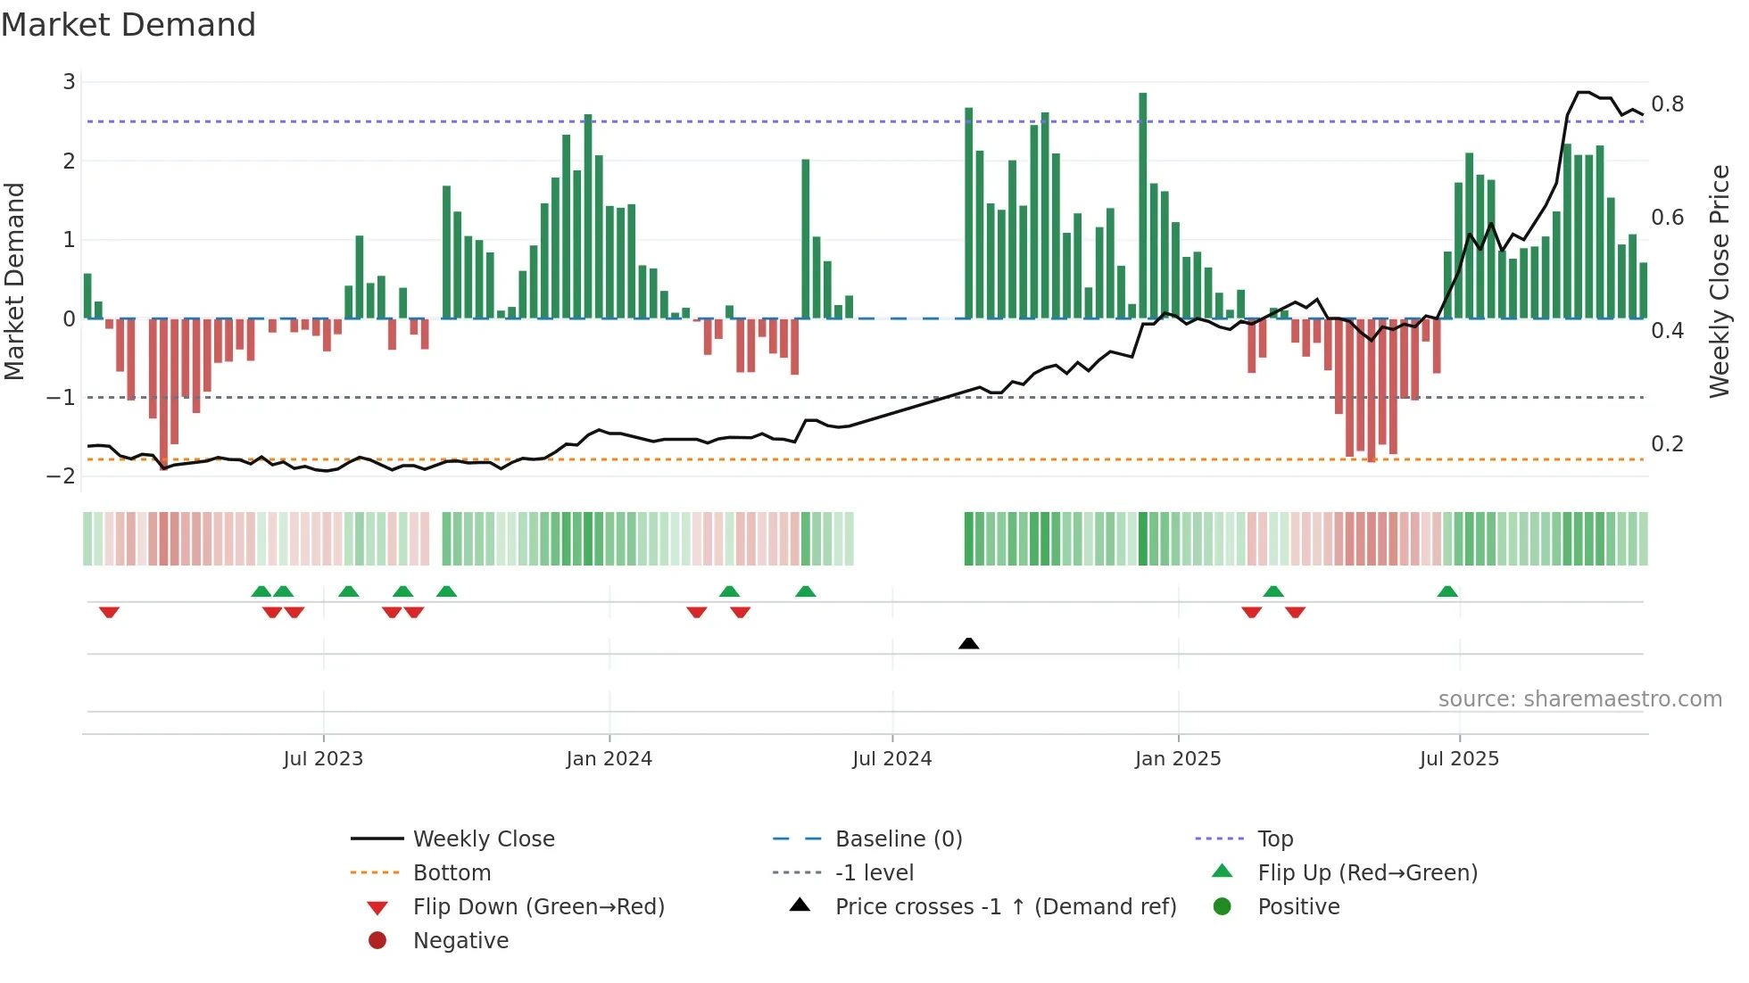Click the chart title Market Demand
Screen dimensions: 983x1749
[128, 25]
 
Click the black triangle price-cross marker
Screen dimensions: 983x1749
[968, 643]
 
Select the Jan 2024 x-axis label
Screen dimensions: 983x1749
[609, 759]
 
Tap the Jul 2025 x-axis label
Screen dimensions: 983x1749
[1459, 759]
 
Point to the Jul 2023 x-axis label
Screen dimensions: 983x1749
[323, 759]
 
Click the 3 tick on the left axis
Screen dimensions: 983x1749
[69, 82]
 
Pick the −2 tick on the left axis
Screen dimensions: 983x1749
[61, 475]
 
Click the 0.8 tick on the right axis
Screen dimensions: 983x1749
[1667, 104]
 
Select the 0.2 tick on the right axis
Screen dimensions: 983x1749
[1667, 444]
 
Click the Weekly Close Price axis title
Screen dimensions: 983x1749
[1719, 281]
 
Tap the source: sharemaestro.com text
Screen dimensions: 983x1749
[1579, 699]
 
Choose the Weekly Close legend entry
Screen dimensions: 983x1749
[483, 839]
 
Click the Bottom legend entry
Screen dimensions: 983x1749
[452, 873]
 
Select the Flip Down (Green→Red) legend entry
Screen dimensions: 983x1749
[538, 907]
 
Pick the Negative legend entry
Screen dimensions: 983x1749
[460, 941]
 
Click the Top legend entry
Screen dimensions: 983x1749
[1274, 839]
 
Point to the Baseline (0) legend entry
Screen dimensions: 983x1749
[898, 839]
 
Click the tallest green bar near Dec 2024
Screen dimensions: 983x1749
[1142, 205]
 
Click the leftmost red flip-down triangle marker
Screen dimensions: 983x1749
[109, 612]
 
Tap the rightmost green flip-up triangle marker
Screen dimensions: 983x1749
[1447, 591]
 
